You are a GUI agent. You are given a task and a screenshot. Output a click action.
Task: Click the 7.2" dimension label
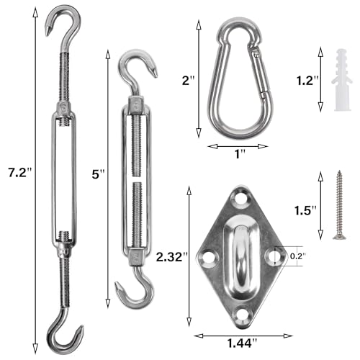[20, 173]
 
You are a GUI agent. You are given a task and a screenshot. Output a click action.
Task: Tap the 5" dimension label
[99, 174]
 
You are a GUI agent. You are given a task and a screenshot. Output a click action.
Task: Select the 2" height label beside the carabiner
[188, 80]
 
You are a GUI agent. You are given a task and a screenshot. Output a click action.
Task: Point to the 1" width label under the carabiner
[240, 154]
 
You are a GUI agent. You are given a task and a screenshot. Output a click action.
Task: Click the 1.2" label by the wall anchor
[307, 80]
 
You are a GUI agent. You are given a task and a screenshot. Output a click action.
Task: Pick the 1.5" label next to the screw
[305, 210]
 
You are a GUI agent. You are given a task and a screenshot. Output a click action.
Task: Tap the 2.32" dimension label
[172, 257]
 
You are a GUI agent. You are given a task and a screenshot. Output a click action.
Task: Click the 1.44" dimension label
[242, 343]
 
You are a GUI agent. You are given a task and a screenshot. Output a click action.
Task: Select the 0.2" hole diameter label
[298, 256]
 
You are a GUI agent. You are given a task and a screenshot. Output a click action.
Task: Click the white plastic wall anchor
[342, 80]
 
